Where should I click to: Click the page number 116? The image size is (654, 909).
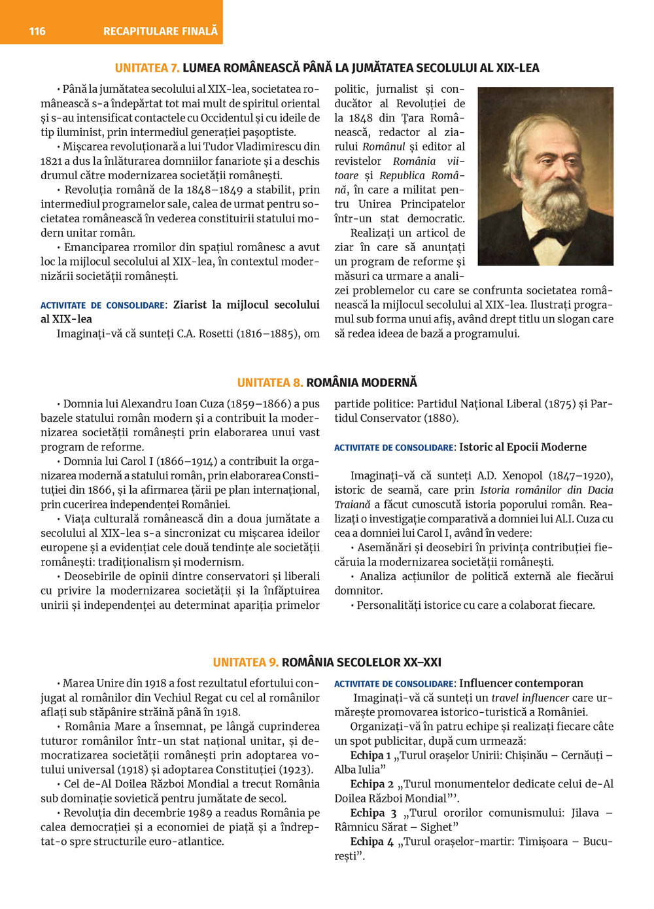(37, 31)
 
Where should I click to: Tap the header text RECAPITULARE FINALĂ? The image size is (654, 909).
(160, 31)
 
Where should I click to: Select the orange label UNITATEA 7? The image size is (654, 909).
(147, 68)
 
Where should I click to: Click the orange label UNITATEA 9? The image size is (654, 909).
(245, 662)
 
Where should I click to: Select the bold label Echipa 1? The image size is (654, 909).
(370, 755)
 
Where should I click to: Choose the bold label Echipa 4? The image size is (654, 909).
(372, 842)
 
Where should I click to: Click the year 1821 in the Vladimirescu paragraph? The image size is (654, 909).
(52, 161)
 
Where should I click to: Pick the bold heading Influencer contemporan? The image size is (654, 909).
(521, 683)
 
